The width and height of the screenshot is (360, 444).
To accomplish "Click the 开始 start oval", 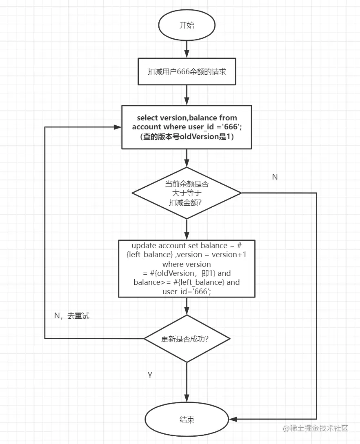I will tap(187, 25).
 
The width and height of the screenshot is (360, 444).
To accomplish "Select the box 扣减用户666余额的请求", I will tap(187, 71).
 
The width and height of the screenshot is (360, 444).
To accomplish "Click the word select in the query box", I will tap(147, 118).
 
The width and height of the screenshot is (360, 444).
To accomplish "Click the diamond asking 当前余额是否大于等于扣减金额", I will tap(187, 193).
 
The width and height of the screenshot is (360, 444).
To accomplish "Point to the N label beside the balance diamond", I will tap(275, 177).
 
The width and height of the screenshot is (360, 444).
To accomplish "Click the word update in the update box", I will tap(144, 246).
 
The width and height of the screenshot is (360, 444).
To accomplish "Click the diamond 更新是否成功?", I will tap(187, 339).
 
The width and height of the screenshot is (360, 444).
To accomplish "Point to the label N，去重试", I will tap(72, 316).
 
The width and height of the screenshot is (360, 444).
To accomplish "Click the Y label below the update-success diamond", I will tap(150, 375).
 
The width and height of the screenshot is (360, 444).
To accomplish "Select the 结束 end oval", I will tap(187, 419).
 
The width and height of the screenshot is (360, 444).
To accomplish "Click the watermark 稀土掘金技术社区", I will tap(316, 428).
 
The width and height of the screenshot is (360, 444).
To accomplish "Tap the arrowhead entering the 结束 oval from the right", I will tap(233, 419).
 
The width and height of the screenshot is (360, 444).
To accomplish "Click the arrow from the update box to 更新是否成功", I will tap(187, 306).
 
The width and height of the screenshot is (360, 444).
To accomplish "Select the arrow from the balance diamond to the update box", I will tap(187, 229).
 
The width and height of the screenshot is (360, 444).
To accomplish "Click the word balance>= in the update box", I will tap(146, 282).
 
